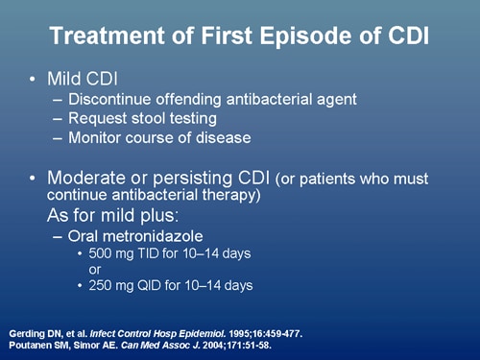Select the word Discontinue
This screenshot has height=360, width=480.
tap(119, 97)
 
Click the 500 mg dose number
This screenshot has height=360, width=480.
tap(101, 253)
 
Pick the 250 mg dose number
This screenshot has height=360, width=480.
tap(101, 284)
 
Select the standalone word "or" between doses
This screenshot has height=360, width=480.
tap(95, 269)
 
